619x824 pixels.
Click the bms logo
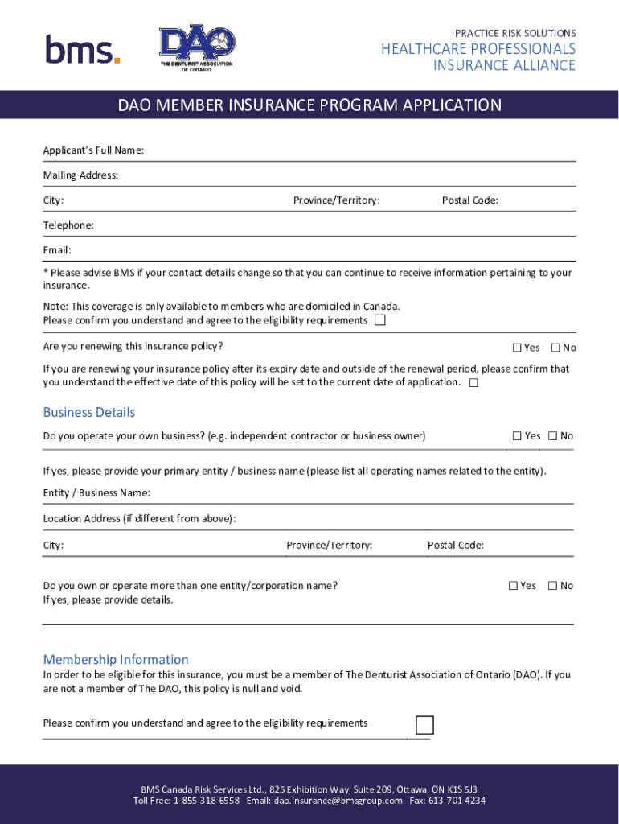click(83, 50)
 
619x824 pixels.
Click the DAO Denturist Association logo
click(197, 48)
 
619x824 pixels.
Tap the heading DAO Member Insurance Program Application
click(309, 105)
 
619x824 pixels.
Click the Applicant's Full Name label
click(93, 150)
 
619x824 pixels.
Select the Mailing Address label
click(80, 175)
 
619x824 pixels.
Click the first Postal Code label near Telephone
click(469, 200)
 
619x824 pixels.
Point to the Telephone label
click(68, 225)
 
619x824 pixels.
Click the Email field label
click(57, 250)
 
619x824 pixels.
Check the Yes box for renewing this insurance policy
click(518, 348)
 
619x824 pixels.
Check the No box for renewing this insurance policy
click(555, 348)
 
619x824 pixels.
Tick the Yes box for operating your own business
click(518, 436)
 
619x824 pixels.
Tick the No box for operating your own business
click(553, 436)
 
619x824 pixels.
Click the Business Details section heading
click(88, 413)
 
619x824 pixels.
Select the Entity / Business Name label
click(96, 493)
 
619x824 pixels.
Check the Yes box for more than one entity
click(513, 586)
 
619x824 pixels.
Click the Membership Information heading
click(116, 659)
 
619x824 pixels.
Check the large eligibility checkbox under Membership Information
click(424, 725)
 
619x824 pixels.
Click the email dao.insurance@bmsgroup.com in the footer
click(338, 801)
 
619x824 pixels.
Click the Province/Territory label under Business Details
click(329, 546)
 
